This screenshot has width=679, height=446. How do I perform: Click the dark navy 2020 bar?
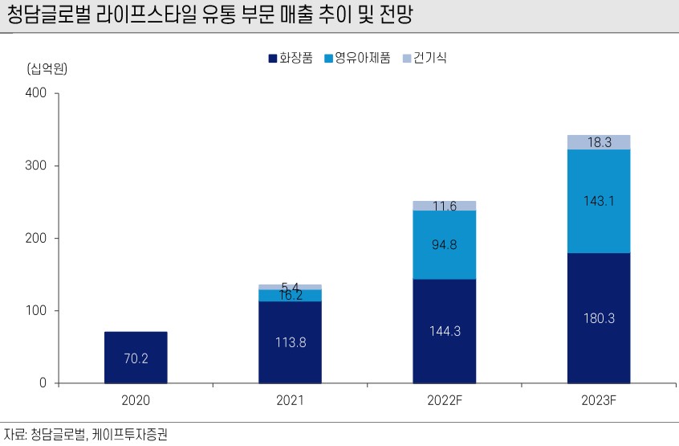tap(136, 357)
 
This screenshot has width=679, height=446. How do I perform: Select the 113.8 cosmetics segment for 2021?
tap(290, 342)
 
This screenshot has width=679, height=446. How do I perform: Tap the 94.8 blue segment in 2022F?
tap(444, 244)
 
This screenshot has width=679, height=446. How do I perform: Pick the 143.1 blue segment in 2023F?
tap(598, 201)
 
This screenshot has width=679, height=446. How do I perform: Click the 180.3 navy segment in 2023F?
tap(598, 318)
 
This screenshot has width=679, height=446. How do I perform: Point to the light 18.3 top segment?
tap(598, 142)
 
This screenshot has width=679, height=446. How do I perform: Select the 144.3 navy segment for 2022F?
tap(444, 330)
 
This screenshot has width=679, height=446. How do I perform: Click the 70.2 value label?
tap(136, 359)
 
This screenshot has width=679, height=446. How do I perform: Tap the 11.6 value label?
tap(444, 207)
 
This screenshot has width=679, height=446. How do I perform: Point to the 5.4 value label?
tap(290, 286)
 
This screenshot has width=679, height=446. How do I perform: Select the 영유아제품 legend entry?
tap(356, 59)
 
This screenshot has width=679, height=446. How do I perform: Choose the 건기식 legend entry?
tap(429, 59)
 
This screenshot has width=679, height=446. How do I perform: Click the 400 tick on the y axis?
tap(37, 93)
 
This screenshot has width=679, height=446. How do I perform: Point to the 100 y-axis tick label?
tap(37, 311)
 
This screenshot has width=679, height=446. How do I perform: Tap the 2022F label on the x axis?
tap(444, 399)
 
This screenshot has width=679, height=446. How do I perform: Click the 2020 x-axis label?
tap(136, 399)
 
